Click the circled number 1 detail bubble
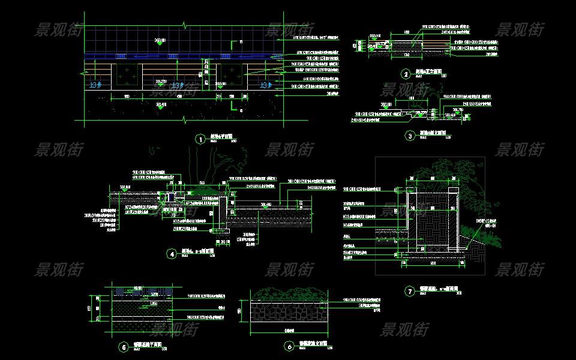[x=200, y=139]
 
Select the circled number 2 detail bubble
[x=407, y=74]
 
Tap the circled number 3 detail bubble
[x=410, y=136]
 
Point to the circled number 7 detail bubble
[x=410, y=292]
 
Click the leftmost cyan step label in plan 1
[x=96, y=86]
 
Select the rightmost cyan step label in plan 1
[x=265, y=86]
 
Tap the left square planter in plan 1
[x=127, y=76]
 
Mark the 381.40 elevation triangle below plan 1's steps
[x=160, y=107]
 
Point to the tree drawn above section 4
[x=222, y=162]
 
